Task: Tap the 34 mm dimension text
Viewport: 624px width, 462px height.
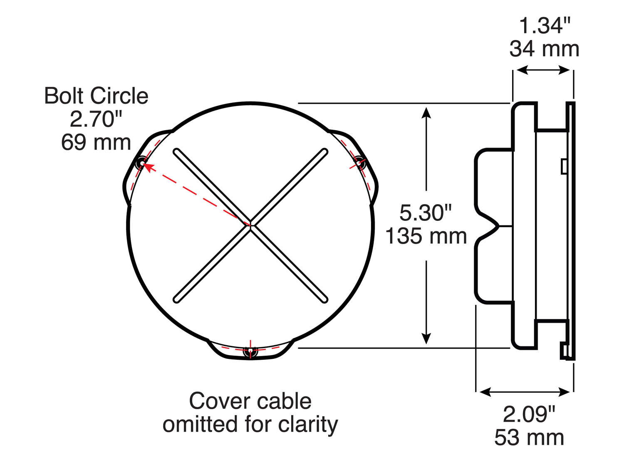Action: [544, 49]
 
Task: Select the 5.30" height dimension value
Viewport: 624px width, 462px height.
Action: [426, 213]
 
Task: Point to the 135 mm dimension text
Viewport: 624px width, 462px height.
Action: [426, 236]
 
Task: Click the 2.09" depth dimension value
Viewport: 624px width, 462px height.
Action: [529, 414]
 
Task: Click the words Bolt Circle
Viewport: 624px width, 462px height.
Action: [96, 96]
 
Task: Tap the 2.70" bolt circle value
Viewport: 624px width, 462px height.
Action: [96, 119]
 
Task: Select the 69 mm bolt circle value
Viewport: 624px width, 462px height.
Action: [96, 142]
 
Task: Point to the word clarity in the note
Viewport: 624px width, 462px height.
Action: [308, 425]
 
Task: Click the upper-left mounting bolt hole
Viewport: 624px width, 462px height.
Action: [141, 163]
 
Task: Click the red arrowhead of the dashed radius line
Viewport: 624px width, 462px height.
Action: [149, 167]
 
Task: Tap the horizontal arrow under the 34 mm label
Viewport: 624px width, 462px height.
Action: [543, 70]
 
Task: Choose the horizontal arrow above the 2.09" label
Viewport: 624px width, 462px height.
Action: [525, 392]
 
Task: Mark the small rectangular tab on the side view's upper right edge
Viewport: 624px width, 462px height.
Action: [564, 166]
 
